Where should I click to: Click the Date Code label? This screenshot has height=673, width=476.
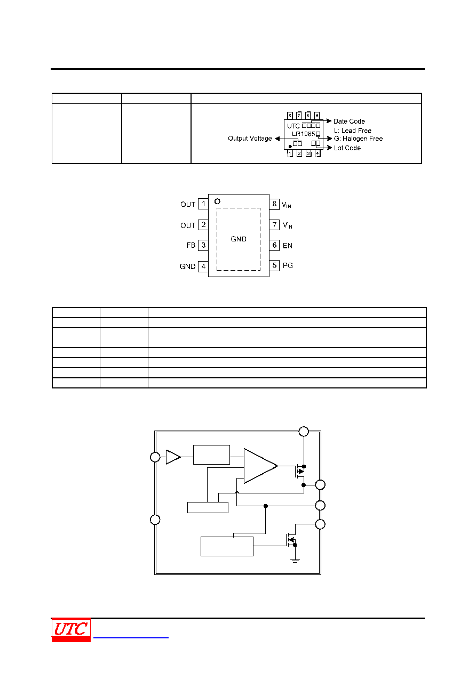click(349, 121)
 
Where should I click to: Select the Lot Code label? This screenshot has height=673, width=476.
click(347, 148)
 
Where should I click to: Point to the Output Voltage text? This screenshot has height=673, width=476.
click(250, 139)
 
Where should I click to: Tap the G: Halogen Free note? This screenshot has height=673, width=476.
click(359, 139)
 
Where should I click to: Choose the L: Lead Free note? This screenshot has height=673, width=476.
click(353, 131)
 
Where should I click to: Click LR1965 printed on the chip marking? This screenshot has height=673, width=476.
click(303, 134)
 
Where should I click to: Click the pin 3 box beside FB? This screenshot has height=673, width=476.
click(203, 245)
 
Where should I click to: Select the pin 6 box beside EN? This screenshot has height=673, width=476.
click(274, 245)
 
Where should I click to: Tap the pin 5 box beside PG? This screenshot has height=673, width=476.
click(274, 265)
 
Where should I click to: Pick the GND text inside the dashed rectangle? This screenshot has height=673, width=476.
click(239, 239)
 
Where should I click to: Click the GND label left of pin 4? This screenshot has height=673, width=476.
click(187, 266)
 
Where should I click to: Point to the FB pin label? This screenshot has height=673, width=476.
click(191, 245)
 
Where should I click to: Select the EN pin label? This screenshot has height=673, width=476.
click(287, 246)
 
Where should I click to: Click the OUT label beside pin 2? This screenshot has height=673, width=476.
click(188, 225)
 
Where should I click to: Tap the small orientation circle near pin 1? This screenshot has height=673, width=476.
click(217, 201)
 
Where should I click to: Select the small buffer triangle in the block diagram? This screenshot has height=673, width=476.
click(173, 457)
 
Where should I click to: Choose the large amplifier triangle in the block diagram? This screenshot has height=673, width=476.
click(260, 466)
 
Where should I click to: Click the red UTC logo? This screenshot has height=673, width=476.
click(71, 630)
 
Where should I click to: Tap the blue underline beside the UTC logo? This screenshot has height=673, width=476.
click(131, 637)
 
